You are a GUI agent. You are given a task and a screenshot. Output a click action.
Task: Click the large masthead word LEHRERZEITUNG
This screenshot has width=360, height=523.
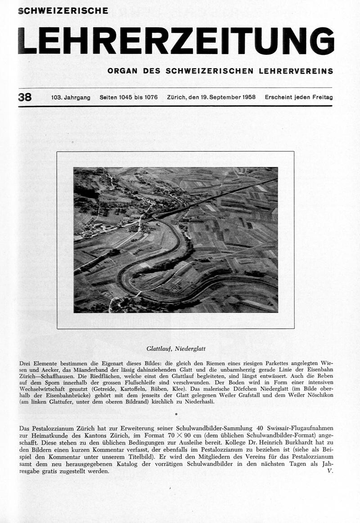(176, 41)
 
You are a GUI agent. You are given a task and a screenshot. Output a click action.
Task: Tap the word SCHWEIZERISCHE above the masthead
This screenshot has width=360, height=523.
(63, 10)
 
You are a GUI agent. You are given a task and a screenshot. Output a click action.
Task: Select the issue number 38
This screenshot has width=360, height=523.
(25, 97)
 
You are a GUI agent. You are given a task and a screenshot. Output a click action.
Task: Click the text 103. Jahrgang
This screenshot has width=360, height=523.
(71, 98)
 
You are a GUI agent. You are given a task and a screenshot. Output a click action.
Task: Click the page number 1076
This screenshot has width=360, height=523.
(149, 98)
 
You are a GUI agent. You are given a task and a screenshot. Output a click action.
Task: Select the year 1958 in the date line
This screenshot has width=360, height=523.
(248, 98)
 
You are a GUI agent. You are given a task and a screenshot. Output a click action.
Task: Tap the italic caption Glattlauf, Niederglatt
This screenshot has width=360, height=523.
(176, 348)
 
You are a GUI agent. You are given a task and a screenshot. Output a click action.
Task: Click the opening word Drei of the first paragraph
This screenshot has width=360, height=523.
(26, 363)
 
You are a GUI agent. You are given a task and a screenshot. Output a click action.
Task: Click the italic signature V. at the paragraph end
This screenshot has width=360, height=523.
(330, 471)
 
